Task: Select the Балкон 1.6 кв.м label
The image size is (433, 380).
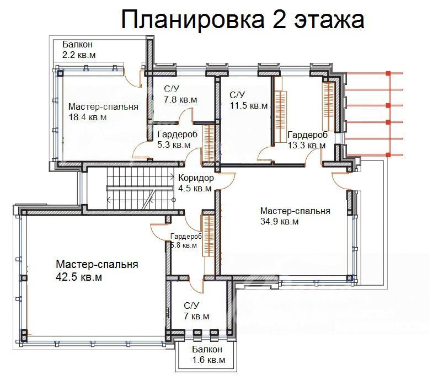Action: pyautogui.click(x=207, y=356)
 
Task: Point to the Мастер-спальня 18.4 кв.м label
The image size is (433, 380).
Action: pyautogui.click(x=103, y=112)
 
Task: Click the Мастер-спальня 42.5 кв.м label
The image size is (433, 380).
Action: pyautogui.click(x=97, y=271)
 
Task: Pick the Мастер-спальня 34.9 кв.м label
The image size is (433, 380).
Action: pyautogui.click(x=295, y=216)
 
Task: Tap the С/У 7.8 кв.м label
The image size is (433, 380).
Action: pyautogui.click(x=180, y=94)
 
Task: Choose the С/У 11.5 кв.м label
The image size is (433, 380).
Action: pyautogui.click(x=248, y=100)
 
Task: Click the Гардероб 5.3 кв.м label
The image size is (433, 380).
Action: pyautogui.click(x=174, y=140)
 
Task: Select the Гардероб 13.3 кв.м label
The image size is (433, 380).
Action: pyautogui.click(x=307, y=140)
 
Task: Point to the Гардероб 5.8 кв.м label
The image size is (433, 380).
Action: pyautogui.click(x=186, y=240)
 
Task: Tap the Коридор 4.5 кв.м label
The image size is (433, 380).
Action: pyautogui.click(x=196, y=183)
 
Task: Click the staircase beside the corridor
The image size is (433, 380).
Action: pyautogui.click(x=130, y=187)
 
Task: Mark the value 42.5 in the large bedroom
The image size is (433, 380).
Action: pyautogui.click(x=68, y=277)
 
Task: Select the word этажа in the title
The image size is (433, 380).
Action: pyautogui.click(x=330, y=20)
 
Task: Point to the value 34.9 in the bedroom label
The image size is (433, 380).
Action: pyautogui.click(x=270, y=222)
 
